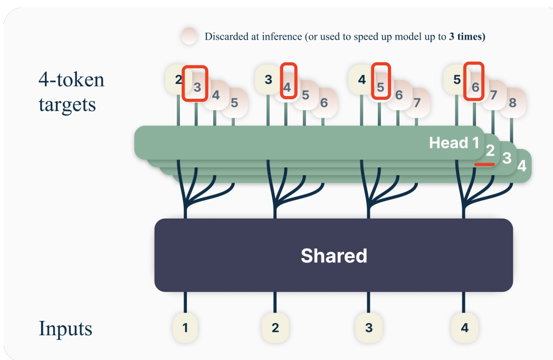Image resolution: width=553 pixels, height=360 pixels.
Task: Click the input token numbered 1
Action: pyautogui.click(x=185, y=328)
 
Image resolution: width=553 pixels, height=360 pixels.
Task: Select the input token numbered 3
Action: pyautogui.click(x=369, y=328)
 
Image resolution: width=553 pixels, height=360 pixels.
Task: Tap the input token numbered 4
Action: pyautogui.click(x=464, y=328)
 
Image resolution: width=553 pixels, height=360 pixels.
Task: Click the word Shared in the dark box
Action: pyautogui.click(x=333, y=256)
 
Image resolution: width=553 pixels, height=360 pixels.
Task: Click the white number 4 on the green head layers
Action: pyautogui.click(x=521, y=166)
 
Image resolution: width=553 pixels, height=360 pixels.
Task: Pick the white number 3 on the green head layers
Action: pyautogui.click(x=507, y=158)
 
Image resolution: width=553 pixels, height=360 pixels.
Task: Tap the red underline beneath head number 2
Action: pyautogui.click(x=484, y=165)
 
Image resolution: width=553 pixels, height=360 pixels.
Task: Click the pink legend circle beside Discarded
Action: pyautogui.click(x=189, y=37)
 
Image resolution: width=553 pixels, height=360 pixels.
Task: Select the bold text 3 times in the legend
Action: pyautogui.click(x=466, y=37)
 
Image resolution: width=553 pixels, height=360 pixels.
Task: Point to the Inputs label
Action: pyautogui.click(x=65, y=328)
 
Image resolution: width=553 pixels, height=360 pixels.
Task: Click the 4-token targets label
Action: pyautogui.click(x=71, y=92)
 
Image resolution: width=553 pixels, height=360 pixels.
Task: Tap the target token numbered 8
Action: pyautogui.click(x=512, y=103)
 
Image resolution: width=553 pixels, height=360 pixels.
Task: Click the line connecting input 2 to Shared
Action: pyautogui.click(x=274, y=303)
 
